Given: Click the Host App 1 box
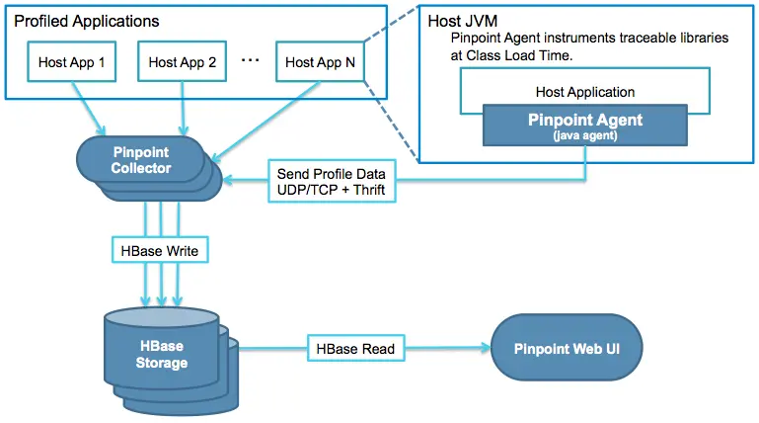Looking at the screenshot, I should [x=71, y=62].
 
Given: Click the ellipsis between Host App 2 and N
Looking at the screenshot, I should [x=250, y=61].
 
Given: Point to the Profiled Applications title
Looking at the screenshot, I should [x=87, y=21].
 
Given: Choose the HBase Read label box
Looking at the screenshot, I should [x=354, y=349].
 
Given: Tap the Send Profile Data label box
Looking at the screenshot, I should [x=331, y=179].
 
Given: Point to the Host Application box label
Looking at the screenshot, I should [x=585, y=91].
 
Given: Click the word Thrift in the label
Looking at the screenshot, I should [x=365, y=189].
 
